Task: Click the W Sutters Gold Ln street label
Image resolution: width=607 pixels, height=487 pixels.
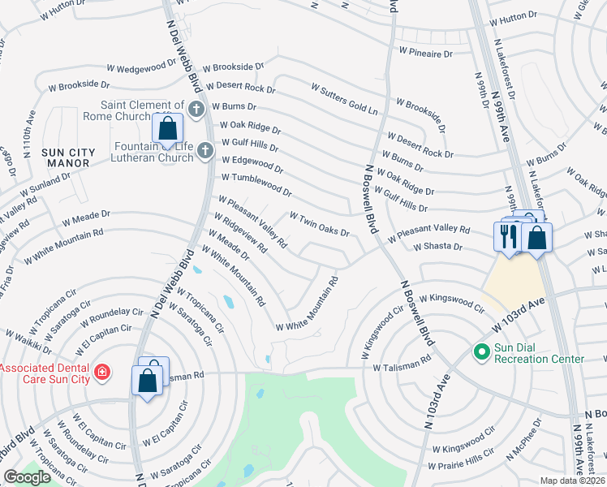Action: click(345, 97)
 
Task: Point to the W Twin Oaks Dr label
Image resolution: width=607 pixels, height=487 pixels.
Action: click(320, 223)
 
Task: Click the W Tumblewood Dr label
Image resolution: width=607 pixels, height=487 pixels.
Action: click(256, 184)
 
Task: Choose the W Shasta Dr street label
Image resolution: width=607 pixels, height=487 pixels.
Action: click(437, 246)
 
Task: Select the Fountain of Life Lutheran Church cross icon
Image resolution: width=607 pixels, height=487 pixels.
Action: click(205, 150)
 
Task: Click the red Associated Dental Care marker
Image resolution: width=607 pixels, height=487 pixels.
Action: click(102, 373)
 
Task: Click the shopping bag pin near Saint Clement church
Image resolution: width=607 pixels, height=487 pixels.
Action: click(167, 129)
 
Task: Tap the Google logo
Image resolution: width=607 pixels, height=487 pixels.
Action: click(28, 477)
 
